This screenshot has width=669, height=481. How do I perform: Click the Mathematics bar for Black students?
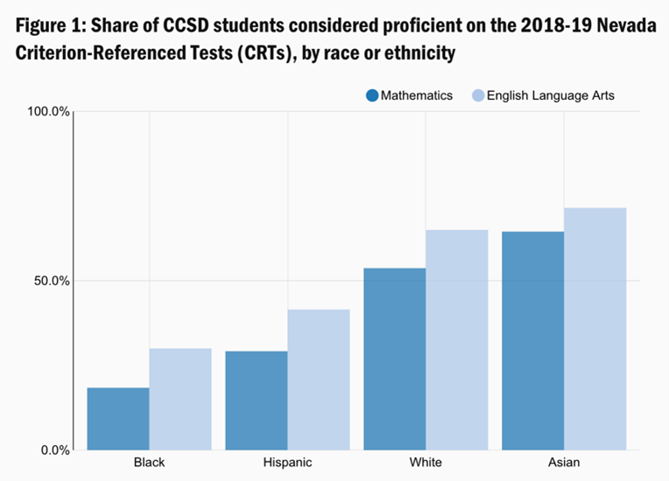(118, 419)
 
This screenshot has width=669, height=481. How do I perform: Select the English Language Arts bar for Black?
(180, 400)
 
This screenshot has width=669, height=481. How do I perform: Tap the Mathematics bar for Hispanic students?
(257, 401)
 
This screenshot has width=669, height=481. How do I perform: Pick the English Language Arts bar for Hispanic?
(319, 380)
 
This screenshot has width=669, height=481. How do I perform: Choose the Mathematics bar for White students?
(395, 359)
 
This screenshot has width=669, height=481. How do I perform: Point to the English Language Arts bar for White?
(457, 340)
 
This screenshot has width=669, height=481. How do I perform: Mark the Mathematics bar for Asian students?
(533, 341)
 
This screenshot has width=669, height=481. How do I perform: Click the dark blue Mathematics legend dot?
(371, 95)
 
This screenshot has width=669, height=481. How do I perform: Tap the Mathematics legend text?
(417, 95)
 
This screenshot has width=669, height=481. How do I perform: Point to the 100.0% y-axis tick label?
(49, 112)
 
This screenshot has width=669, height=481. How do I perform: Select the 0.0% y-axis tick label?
(55, 450)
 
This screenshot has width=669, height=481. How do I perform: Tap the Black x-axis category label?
(150, 462)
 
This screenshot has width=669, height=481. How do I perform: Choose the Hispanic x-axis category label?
(288, 462)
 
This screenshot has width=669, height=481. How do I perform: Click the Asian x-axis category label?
(564, 462)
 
